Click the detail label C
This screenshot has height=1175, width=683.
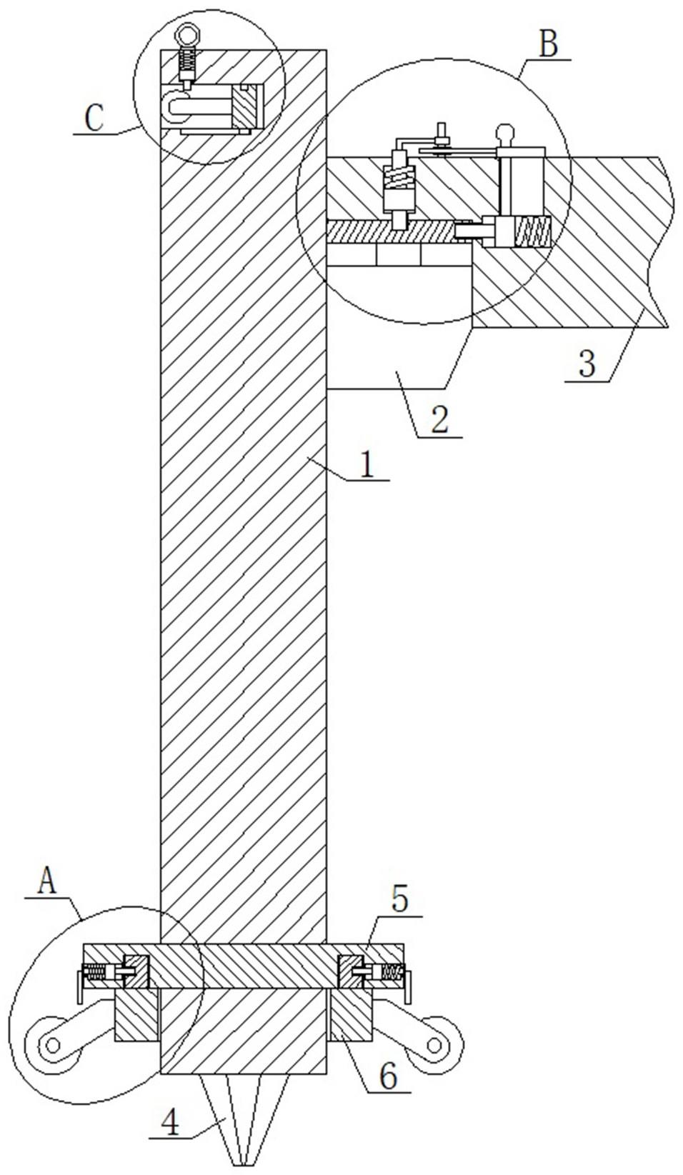point(94,119)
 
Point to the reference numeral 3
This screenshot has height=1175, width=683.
point(587,364)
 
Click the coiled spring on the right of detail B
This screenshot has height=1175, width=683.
point(533,232)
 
